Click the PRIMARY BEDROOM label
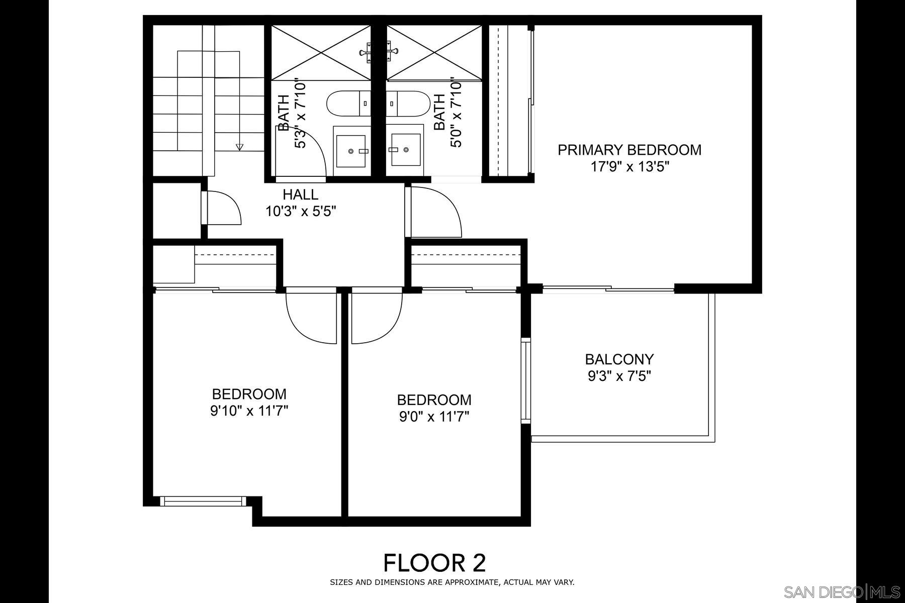coord(629,150)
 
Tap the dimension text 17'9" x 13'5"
coord(629,167)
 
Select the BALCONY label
coord(619,359)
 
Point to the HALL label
coord(300,194)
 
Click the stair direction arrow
coord(239,147)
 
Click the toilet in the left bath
coord(349,104)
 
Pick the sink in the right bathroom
coord(406,150)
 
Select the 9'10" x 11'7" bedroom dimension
coord(249,412)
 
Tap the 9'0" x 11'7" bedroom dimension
coord(434,417)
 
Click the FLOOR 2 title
coord(434,563)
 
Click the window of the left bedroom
coord(203,501)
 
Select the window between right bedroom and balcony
coord(526,380)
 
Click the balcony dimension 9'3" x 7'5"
coord(619,376)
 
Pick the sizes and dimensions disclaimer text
coord(451,583)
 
